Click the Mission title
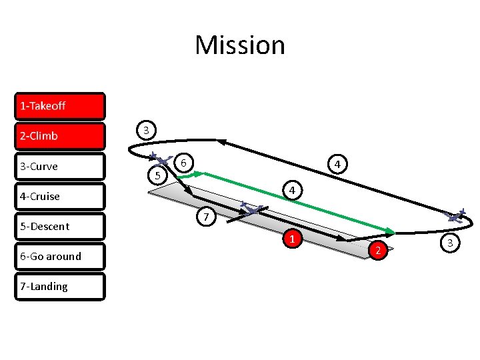pyautogui.click(x=240, y=45)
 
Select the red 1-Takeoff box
pyautogui.click(x=60, y=106)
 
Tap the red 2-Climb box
pyautogui.click(x=60, y=136)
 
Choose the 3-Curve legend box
pyautogui.click(x=60, y=166)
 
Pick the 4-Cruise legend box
pyautogui.click(x=60, y=196)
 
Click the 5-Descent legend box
pyautogui.click(x=60, y=226)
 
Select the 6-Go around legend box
pyautogui.click(x=60, y=256)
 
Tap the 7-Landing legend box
pyautogui.click(x=60, y=286)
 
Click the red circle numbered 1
pyautogui.click(x=292, y=239)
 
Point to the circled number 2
pyautogui.click(x=378, y=249)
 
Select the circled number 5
pyautogui.click(x=157, y=176)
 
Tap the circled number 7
pyautogui.click(x=207, y=218)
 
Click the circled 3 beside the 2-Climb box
pyautogui.click(x=146, y=129)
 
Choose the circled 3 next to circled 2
pyautogui.click(x=450, y=243)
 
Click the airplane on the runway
pyautogui.click(x=252, y=210)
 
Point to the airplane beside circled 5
pyautogui.click(x=159, y=159)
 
